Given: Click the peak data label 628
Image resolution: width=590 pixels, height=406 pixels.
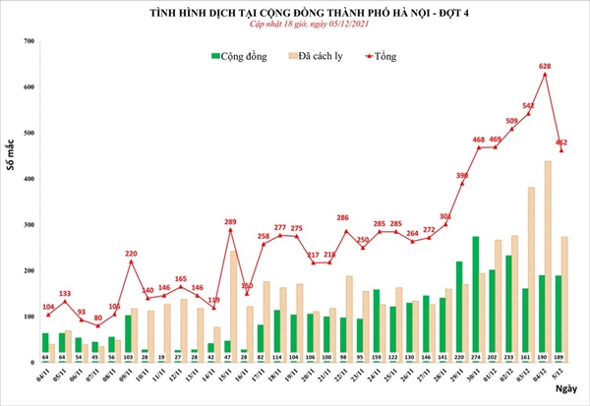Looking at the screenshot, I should pos(544,67).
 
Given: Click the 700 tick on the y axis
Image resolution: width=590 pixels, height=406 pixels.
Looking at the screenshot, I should pos(29,41).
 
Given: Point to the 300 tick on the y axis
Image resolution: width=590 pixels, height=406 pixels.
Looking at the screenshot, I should pos(29,224).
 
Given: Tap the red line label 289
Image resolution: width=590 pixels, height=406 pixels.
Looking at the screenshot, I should pos(231,222).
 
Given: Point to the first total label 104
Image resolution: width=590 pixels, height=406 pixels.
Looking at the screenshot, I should pos(47,308).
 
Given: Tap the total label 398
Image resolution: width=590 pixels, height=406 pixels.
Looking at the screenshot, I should pos(460,175).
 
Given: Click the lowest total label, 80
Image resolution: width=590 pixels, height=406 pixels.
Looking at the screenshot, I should pos(97,319).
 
